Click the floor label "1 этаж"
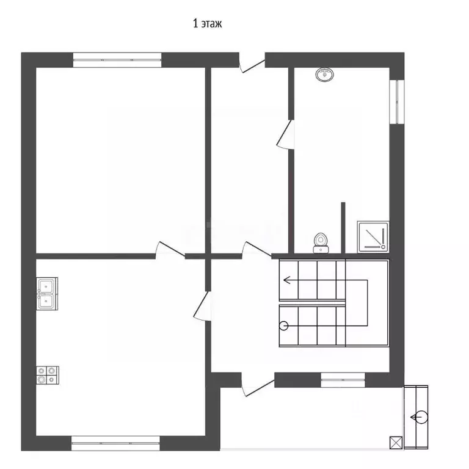(x=207, y=23)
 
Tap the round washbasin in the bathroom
(x=324, y=74)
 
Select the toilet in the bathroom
(x=321, y=243)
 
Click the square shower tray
(x=373, y=237)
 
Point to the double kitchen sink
(x=47, y=293)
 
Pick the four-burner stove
(x=48, y=375)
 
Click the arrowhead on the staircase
(x=286, y=280)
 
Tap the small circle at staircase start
(x=283, y=325)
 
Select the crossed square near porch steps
(x=396, y=443)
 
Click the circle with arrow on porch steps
(x=421, y=417)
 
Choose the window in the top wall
(x=117, y=60)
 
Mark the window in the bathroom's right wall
(x=397, y=102)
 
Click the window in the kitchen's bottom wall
(x=115, y=443)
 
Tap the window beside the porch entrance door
(x=343, y=380)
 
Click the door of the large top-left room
(x=170, y=249)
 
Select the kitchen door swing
(x=202, y=307)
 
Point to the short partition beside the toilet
(x=343, y=228)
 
